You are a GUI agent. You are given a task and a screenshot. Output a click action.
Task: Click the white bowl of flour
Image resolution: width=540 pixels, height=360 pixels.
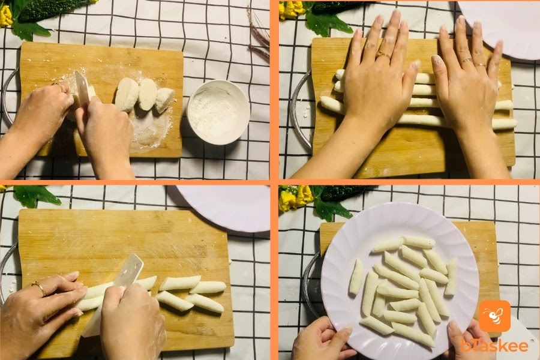coord(218,112)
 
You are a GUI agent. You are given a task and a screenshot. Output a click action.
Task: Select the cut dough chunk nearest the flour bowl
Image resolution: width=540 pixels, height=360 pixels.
coord(164,100)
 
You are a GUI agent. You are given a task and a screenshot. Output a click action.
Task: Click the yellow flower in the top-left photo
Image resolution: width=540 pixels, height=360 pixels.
coord(5,16)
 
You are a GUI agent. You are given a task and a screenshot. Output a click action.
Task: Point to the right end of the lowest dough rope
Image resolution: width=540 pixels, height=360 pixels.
coord(515,125)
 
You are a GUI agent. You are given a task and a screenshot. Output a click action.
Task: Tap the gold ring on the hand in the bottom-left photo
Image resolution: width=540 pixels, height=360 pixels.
coord(39,287)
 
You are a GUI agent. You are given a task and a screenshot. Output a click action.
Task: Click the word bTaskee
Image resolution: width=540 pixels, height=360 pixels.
coord(494,346)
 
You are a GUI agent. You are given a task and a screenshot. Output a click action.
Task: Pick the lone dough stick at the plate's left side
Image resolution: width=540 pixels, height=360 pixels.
coord(356,277)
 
